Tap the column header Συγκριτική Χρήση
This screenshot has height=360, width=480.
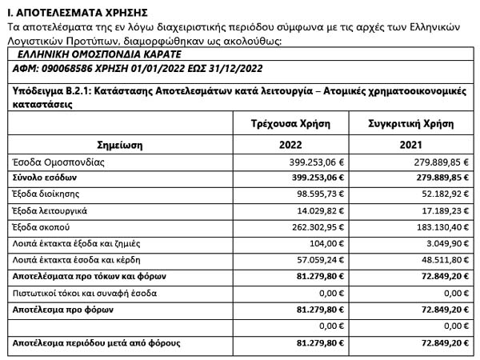410,125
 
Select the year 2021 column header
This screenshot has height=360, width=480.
410,146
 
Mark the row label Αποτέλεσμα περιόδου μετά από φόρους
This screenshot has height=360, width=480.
96,342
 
